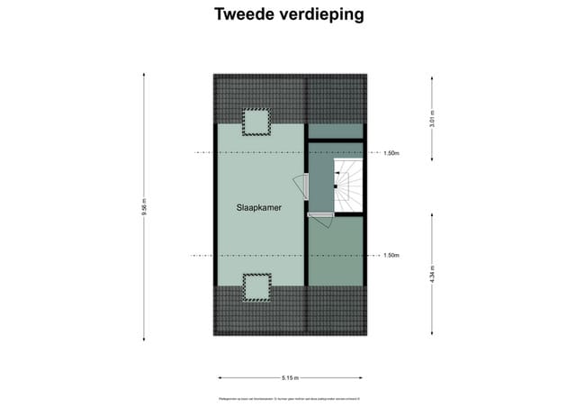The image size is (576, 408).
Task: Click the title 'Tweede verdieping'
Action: coord(289,14)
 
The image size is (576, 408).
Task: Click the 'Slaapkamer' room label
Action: coord(259,207)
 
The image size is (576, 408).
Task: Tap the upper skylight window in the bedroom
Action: coord(256,121)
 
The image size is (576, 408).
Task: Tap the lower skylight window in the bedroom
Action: coord(256,286)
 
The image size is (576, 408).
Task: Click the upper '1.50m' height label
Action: coord(391,153)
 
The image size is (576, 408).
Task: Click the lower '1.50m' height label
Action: coord(391,256)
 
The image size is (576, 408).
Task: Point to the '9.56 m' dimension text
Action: coord(144,207)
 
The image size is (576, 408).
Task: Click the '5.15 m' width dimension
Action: coord(290,378)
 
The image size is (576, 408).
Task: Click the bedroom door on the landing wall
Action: coord(307,186)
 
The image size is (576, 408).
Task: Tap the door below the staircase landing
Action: coord(321,219)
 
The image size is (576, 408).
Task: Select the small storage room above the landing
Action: coord(336,131)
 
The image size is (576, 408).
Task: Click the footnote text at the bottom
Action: coord(289,397)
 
